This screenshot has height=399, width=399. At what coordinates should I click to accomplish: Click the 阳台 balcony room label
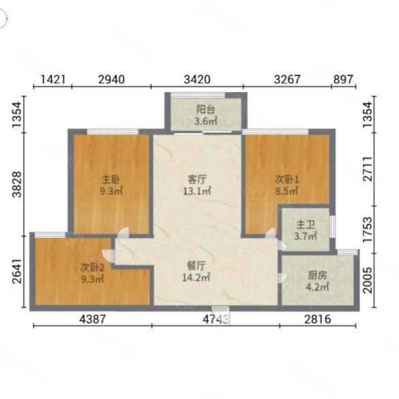205,109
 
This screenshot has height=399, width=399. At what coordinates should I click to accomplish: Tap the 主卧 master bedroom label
110,179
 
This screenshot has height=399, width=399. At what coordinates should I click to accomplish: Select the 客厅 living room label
196,179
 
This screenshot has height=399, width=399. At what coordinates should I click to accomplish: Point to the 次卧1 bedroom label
286,179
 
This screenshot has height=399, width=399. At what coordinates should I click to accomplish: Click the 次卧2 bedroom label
92,267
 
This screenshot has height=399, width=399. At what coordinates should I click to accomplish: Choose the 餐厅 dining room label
196,266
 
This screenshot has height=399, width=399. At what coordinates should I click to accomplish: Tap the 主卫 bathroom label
306,224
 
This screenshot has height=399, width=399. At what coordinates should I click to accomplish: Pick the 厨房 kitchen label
317,276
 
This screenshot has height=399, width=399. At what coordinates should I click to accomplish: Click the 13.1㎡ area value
197,191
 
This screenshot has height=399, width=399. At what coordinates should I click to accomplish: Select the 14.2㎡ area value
196,278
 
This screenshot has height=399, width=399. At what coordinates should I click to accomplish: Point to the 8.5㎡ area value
286,191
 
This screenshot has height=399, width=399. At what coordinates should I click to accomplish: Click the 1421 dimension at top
53,79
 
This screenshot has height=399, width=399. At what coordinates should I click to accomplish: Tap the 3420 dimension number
198,79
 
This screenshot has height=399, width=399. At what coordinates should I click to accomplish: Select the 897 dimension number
343,79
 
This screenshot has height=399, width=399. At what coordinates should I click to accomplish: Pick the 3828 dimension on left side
17,184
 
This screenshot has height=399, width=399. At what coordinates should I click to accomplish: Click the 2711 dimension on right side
368,168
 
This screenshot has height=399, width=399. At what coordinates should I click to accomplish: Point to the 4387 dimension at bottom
92,319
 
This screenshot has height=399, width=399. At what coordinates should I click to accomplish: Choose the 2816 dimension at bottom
318,319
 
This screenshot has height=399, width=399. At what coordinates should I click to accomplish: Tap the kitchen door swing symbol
282,278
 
